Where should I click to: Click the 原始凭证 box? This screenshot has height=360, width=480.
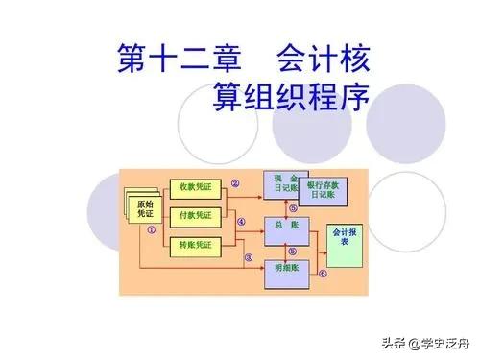pos(144,208)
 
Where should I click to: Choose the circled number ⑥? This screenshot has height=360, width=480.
pos(323,273)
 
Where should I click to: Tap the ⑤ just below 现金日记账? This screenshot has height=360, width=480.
pos(291,205)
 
